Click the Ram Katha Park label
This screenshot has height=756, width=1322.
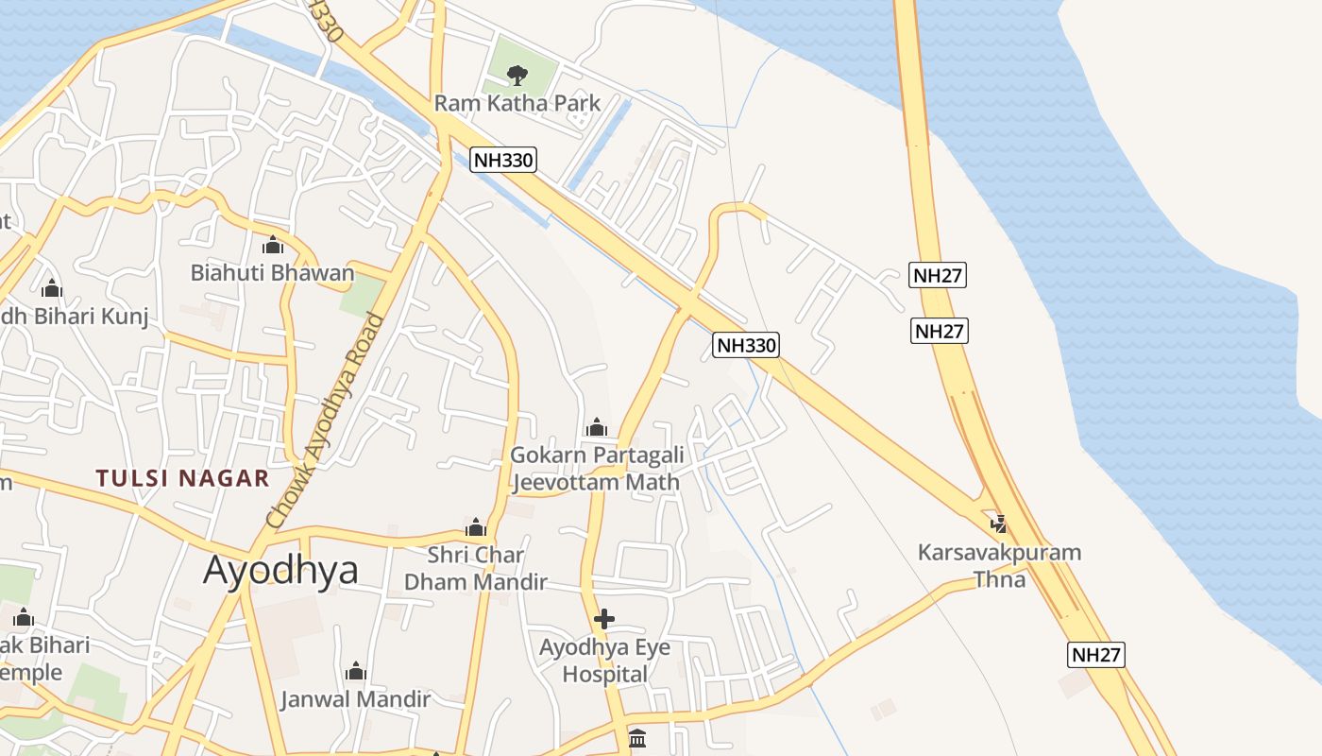click(517, 103)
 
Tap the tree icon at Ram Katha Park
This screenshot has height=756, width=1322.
click(517, 75)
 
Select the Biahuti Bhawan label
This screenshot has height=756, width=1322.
click(272, 273)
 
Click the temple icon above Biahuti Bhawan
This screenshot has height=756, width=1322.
click(273, 246)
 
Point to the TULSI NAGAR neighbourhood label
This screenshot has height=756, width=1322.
click(182, 478)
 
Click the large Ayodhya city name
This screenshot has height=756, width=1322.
click(280, 570)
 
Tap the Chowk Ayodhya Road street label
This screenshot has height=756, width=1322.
click(327, 421)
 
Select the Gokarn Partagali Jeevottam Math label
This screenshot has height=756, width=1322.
click(597, 469)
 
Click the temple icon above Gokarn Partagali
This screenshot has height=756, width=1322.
click(596, 427)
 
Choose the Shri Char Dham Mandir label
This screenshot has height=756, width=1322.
click(476, 568)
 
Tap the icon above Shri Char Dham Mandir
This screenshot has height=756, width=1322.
click(476, 526)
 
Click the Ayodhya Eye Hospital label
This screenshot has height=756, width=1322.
click(604, 661)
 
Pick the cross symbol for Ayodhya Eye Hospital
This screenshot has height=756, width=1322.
click(604, 619)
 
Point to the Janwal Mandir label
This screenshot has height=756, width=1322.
click(355, 699)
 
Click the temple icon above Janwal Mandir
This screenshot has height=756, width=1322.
click(356, 671)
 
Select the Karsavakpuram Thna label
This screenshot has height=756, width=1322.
click(999, 565)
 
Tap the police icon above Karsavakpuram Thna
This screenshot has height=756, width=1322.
click(998, 523)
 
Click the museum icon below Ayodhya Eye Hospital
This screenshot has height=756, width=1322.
click(637, 738)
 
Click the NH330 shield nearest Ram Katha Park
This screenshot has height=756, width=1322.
click(503, 160)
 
